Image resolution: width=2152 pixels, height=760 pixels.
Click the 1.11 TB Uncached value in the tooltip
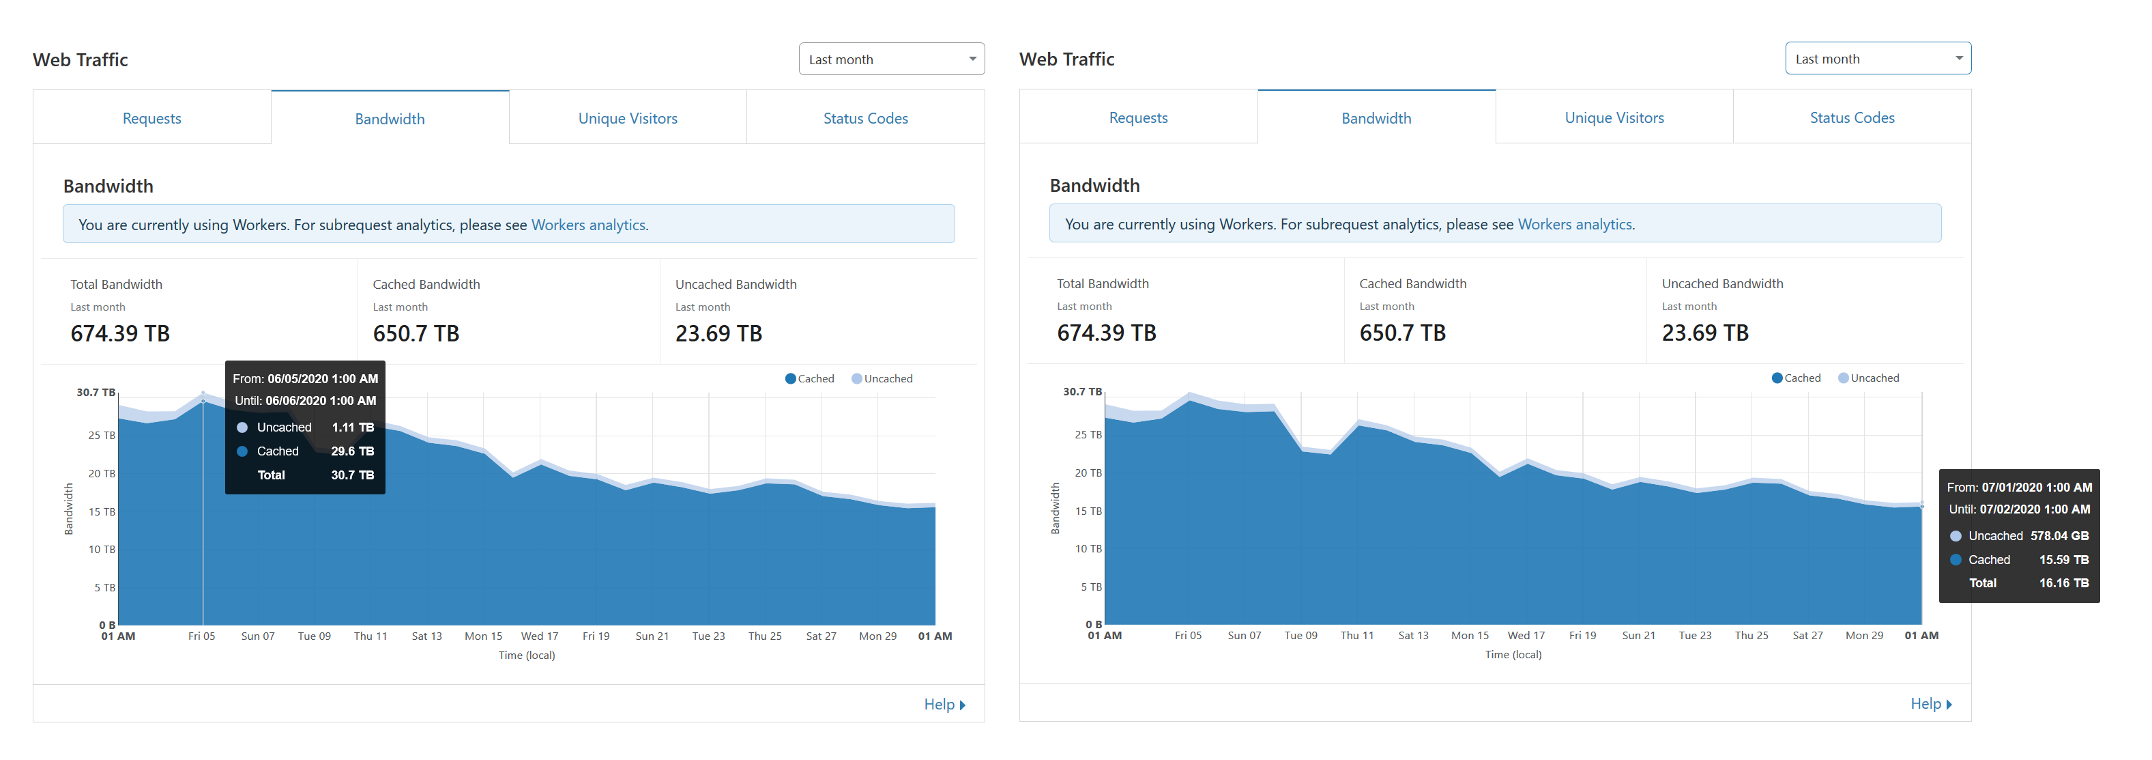point(353,427)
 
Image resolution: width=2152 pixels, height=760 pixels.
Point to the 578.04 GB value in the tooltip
point(2059,536)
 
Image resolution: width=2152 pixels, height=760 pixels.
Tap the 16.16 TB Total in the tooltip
point(2063,582)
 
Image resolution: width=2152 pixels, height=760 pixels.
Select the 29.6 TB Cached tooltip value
point(353,451)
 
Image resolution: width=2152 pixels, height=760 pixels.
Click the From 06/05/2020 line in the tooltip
point(305,379)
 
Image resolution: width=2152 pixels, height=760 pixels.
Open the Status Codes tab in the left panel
point(865,118)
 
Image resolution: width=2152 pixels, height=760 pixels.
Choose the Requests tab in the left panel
point(152,118)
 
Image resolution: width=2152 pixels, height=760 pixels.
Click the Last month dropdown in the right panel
point(1878,59)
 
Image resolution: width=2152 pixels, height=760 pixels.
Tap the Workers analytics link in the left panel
point(588,225)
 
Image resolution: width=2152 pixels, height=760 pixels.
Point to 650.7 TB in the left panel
point(416,334)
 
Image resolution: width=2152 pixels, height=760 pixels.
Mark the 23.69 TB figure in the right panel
point(1705,333)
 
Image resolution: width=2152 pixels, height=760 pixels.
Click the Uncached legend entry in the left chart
point(882,379)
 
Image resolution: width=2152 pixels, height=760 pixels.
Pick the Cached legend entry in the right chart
point(1796,378)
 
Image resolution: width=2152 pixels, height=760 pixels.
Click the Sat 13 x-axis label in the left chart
point(427,636)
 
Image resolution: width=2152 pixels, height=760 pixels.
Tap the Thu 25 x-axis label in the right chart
point(1751,636)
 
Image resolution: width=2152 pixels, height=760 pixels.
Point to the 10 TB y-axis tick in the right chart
point(1088,548)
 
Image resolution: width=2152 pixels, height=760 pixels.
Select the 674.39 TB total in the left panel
point(120,334)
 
